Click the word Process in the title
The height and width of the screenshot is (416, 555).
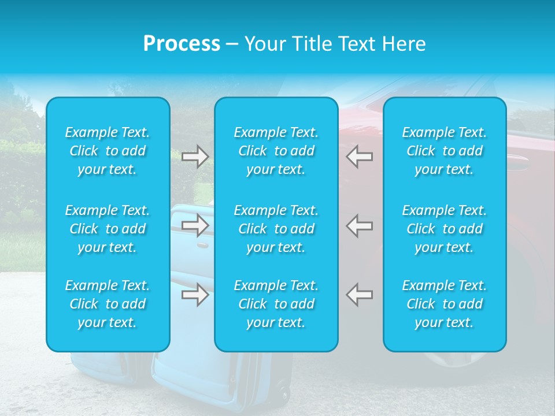(x=182, y=44)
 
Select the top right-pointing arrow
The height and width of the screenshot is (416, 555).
(x=195, y=157)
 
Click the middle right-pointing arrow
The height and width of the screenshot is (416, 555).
(x=195, y=225)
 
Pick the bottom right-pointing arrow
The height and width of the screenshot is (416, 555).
(x=195, y=295)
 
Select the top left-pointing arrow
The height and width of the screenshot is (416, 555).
(x=360, y=157)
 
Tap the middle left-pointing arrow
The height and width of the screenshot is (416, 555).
(x=360, y=225)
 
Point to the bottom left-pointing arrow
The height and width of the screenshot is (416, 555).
(x=360, y=295)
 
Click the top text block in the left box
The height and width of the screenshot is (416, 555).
(x=108, y=151)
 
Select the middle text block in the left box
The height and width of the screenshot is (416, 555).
(x=108, y=229)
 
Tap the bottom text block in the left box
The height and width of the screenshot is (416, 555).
(x=108, y=304)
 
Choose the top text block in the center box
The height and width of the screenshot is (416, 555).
(x=276, y=151)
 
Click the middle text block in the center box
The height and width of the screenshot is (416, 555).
(x=276, y=229)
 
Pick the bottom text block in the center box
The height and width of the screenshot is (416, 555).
(x=276, y=304)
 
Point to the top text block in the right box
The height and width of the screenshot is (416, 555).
(x=445, y=151)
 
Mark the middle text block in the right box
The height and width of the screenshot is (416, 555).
(x=445, y=229)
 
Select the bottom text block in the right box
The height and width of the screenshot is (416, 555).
(x=445, y=304)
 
